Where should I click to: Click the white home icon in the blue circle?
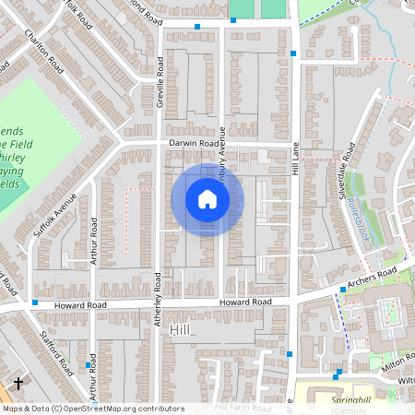[x=207, y=199]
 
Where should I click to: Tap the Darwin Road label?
[x=194, y=144]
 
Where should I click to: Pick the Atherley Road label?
[x=159, y=300]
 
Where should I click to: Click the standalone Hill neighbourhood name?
[x=179, y=328]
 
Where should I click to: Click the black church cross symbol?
[x=18, y=382]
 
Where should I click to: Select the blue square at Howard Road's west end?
[x=35, y=302]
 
